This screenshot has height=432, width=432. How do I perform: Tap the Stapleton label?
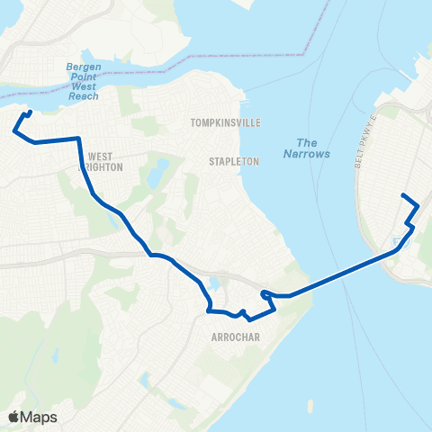(234, 161)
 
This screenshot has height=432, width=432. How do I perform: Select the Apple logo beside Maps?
(14, 417)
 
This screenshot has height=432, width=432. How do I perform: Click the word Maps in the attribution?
(40, 417)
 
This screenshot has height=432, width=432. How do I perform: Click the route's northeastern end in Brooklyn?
(402, 195)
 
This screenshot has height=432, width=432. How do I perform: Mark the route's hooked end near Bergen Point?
(31, 112)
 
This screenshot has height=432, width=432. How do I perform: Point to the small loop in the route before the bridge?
(265, 293)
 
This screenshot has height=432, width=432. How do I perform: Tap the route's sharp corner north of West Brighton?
(80, 139)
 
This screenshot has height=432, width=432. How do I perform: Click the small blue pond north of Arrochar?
(212, 286)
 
